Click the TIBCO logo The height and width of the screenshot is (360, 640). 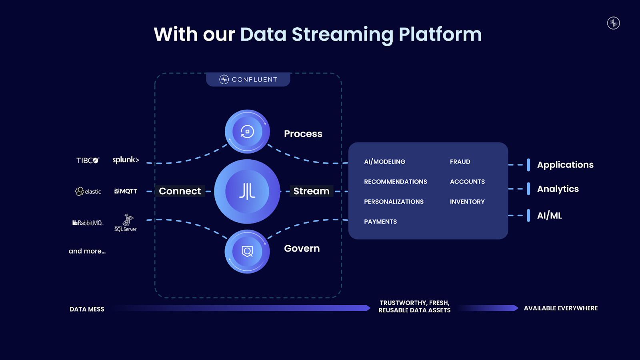click(x=88, y=160)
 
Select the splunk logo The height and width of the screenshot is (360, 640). click(x=126, y=160)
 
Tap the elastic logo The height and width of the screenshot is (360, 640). click(x=88, y=192)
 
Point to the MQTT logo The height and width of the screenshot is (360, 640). click(x=126, y=191)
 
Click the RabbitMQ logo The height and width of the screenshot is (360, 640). click(x=88, y=223)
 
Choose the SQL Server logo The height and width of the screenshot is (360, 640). click(x=126, y=223)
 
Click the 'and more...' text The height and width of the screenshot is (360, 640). click(x=87, y=251)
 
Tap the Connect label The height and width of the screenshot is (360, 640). click(x=180, y=191)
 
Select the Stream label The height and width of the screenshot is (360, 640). click(x=311, y=191)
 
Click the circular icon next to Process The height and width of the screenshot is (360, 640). click(x=247, y=132)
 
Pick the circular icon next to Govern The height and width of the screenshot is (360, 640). click(x=247, y=252)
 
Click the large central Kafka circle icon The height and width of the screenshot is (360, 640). click(x=247, y=191)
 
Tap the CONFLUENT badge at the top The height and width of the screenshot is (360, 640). click(x=248, y=79)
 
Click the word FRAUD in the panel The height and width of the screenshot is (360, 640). click(x=460, y=162)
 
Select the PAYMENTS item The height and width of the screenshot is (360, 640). click(x=380, y=222)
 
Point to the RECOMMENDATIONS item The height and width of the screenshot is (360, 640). click(x=395, y=182)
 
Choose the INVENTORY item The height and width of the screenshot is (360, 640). click(x=467, y=202)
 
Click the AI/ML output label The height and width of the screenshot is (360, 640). click(x=549, y=216)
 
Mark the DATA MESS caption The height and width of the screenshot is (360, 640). click(x=87, y=309)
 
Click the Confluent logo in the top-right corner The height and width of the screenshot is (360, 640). click(x=613, y=23)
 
